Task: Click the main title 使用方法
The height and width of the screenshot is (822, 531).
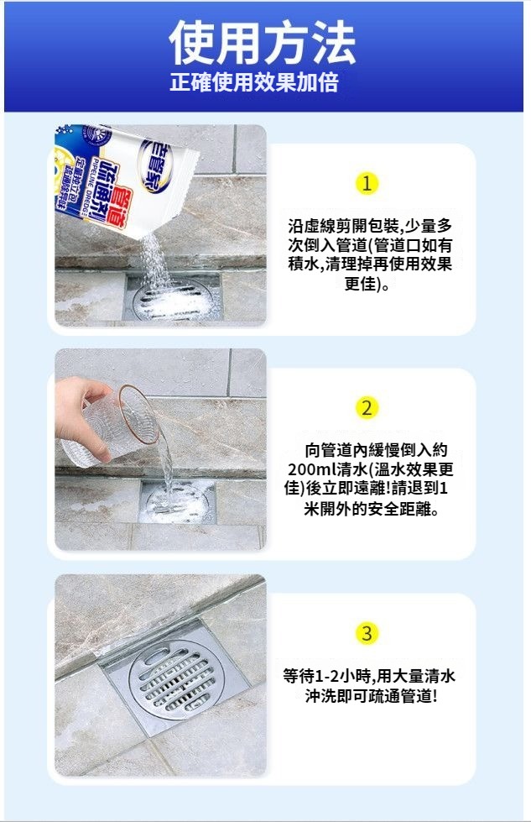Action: click(x=263, y=43)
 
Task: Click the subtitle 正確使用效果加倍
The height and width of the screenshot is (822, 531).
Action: click(x=254, y=82)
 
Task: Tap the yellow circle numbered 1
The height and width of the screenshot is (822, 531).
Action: click(x=367, y=184)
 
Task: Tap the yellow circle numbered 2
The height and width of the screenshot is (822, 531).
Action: click(x=367, y=407)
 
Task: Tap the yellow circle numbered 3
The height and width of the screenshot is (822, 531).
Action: click(x=367, y=633)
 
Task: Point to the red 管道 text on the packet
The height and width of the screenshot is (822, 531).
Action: click(x=117, y=207)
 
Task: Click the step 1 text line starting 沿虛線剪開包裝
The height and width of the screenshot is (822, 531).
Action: click(x=370, y=227)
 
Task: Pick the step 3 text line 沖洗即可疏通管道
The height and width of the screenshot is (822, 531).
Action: click(x=371, y=696)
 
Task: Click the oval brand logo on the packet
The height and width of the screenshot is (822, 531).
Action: click(x=156, y=164)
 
